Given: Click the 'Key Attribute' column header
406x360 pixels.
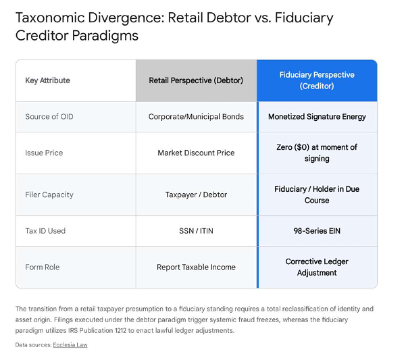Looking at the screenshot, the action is pos(48,80).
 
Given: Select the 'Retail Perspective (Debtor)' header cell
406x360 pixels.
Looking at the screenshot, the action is pos(196,80).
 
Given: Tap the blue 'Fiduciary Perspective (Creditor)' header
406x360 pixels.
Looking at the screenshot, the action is pos(317,80).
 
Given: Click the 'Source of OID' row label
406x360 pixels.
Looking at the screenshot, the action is pos(49,116).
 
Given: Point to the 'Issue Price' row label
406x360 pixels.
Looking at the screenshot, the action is pos(44,153).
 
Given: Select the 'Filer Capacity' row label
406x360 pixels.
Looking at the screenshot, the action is pos(49,195).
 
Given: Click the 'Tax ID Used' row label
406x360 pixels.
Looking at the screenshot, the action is pos(45,231).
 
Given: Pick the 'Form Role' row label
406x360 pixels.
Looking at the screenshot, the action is pos(43,267).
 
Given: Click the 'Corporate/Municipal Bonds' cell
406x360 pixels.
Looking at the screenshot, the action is pos(196,116).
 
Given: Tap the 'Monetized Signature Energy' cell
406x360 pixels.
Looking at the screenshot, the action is pos(317,117).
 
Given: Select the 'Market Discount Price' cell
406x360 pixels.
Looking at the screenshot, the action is pos(196,153).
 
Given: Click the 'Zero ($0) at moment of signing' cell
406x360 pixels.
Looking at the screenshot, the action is pos(317,153).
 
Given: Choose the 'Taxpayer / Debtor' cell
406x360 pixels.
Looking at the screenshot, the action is pos(196,195).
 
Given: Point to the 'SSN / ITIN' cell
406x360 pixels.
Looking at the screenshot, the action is pos(196,231).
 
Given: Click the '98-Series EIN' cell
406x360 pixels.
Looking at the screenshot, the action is pos(317,231).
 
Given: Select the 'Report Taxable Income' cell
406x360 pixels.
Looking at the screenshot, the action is pos(196,267).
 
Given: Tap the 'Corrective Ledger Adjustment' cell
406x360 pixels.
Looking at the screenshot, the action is pos(317,267).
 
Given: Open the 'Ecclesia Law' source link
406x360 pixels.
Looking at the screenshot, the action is pos(70,345).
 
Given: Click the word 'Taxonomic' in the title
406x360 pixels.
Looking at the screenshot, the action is pos(50,18).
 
